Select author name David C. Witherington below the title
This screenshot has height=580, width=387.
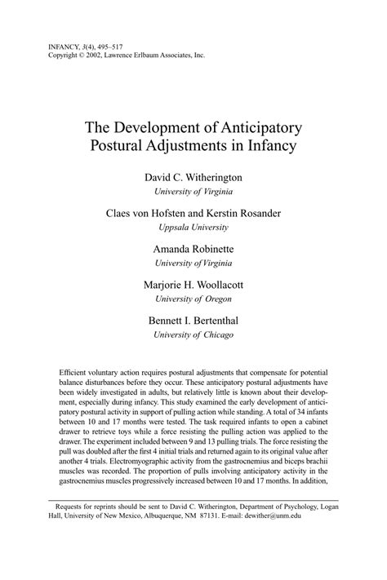tap(193, 177)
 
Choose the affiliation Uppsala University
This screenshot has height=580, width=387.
tap(193, 228)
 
